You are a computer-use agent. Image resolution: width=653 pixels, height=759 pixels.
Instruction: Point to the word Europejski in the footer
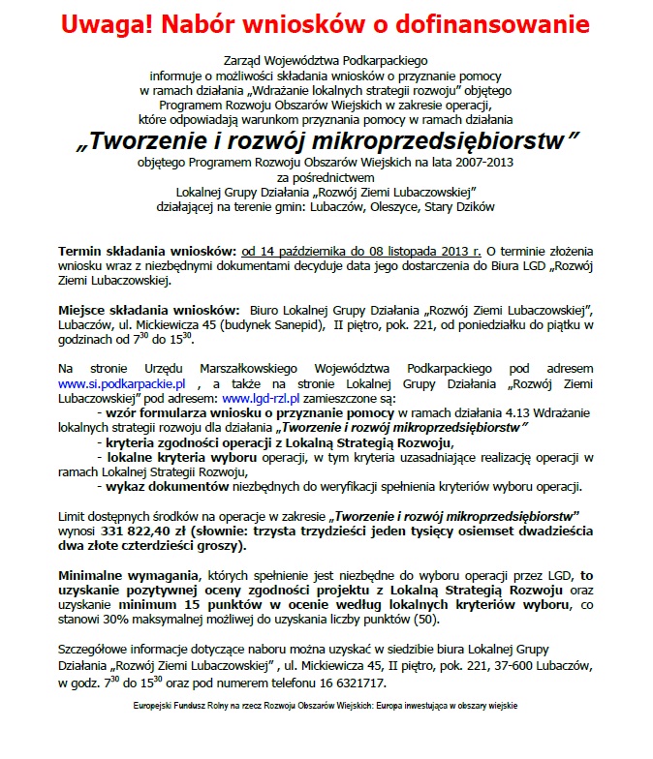[158, 707]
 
